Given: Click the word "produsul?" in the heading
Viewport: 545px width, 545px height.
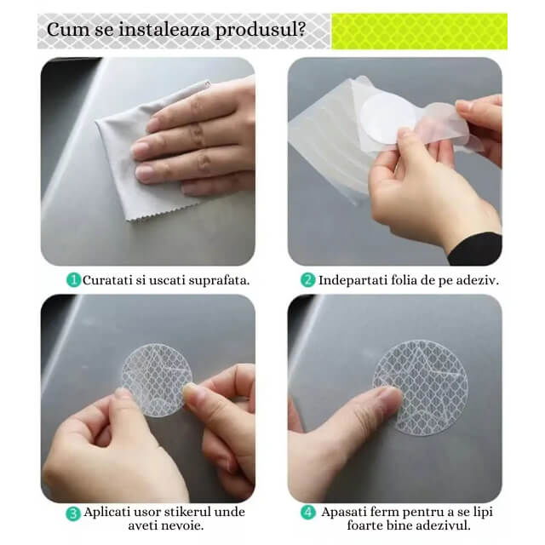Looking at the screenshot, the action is pyautogui.click(x=261, y=31).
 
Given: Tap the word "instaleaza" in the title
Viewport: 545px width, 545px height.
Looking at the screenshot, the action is pyautogui.click(x=164, y=29).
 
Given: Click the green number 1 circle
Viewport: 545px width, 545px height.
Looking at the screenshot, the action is pyautogui.click(x=73, y=280).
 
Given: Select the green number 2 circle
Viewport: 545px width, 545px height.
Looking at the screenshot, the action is pyautogui.click(x=307, y=280).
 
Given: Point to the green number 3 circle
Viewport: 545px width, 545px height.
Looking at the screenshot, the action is pyautogui.click(x=73, y=513).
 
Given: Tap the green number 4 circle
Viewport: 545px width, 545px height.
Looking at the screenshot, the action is pyautogui.click(x=308, y=513).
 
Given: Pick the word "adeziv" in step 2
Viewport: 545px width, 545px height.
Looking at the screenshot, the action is pyautogui.click(x=476, y=280).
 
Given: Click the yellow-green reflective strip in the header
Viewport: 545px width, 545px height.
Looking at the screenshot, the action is pyautogui.click(x=419, y=32).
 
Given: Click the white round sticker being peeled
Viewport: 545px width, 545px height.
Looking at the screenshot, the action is pyautogui.click(x=387, y=119).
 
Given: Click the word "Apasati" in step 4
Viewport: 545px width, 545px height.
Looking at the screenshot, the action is pyautogui.click(x=343, y=513).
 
